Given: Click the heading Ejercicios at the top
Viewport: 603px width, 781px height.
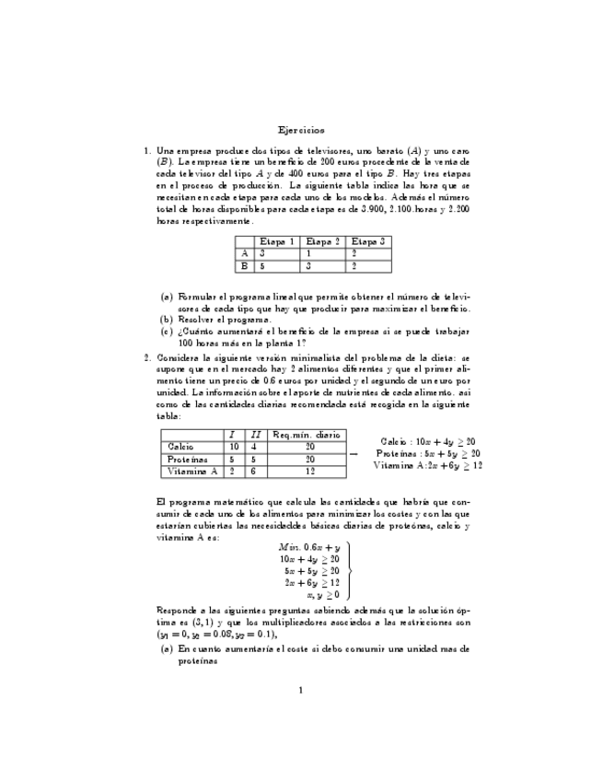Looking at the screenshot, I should (301, 130).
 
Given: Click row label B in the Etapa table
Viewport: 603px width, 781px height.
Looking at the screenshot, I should (244, 266).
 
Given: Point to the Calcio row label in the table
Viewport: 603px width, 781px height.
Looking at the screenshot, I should (180, 447).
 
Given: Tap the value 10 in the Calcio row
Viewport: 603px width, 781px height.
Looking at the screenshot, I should (234, 447).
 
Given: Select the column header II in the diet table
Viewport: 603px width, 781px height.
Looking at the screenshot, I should (255, 434).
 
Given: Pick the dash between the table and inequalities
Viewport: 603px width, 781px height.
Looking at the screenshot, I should (354, 454).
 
